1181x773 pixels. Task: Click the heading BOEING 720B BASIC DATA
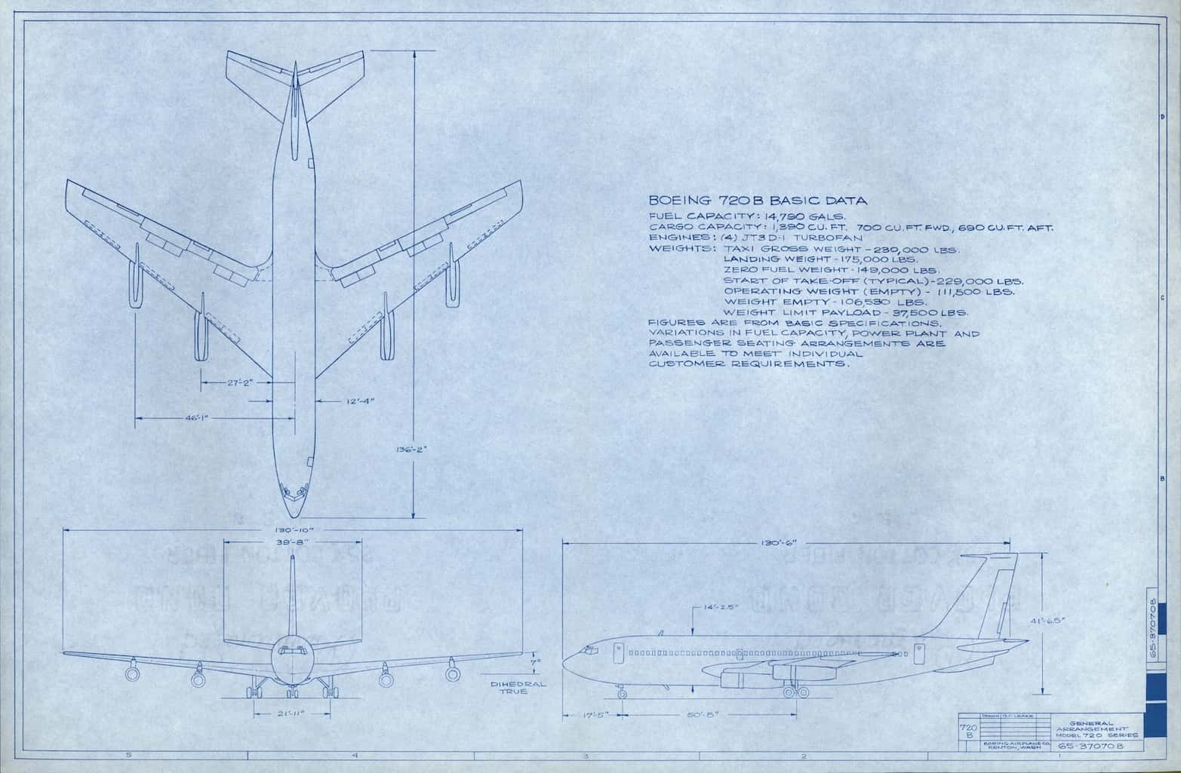click(x=758, y=201)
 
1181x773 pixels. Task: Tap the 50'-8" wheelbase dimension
click(x=707, y=714)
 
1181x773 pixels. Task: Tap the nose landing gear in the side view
click(x=622, y=690)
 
